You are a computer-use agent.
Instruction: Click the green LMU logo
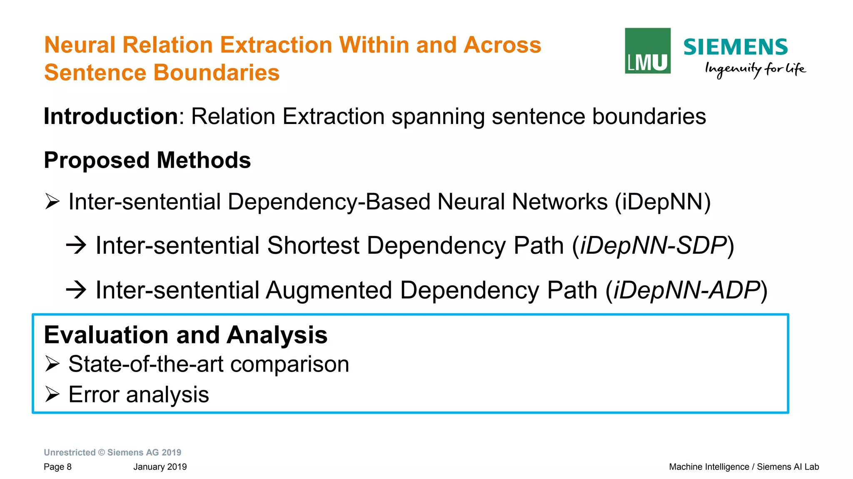[x=647, y=51]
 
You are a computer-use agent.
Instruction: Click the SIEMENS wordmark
[x=735, y=47]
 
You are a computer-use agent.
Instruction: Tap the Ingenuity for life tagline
[x=755, y=69]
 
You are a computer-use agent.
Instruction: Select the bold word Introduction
[x=111, y=116]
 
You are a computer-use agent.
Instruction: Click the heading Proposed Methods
[x=147, y=160]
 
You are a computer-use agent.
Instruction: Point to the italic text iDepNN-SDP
[x=653, y=246]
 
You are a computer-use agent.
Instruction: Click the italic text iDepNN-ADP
[x=686, y=290]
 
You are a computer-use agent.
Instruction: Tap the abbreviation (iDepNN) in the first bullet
[x=663, y=202]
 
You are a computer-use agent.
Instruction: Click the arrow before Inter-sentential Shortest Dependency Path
[x=76, y=245]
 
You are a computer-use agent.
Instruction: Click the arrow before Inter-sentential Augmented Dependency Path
[x=76, y=290]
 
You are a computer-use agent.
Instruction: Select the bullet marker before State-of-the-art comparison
[x=52, y=364]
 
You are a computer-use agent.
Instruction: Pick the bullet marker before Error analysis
[x=52, y=394]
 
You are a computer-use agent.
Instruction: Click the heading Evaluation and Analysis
[x=185, y=335]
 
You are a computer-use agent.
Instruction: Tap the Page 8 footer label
[x=57, y=467]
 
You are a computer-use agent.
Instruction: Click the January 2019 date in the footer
[x=160, y=467]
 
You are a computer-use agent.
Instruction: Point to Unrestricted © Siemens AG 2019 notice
[x=112, y=452]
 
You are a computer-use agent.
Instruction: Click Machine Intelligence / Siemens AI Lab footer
[x=743, y=467]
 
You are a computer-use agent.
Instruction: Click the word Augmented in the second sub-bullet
[x=329, y=290]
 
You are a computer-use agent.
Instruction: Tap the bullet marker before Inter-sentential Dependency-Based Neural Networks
[x=52, y=202]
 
